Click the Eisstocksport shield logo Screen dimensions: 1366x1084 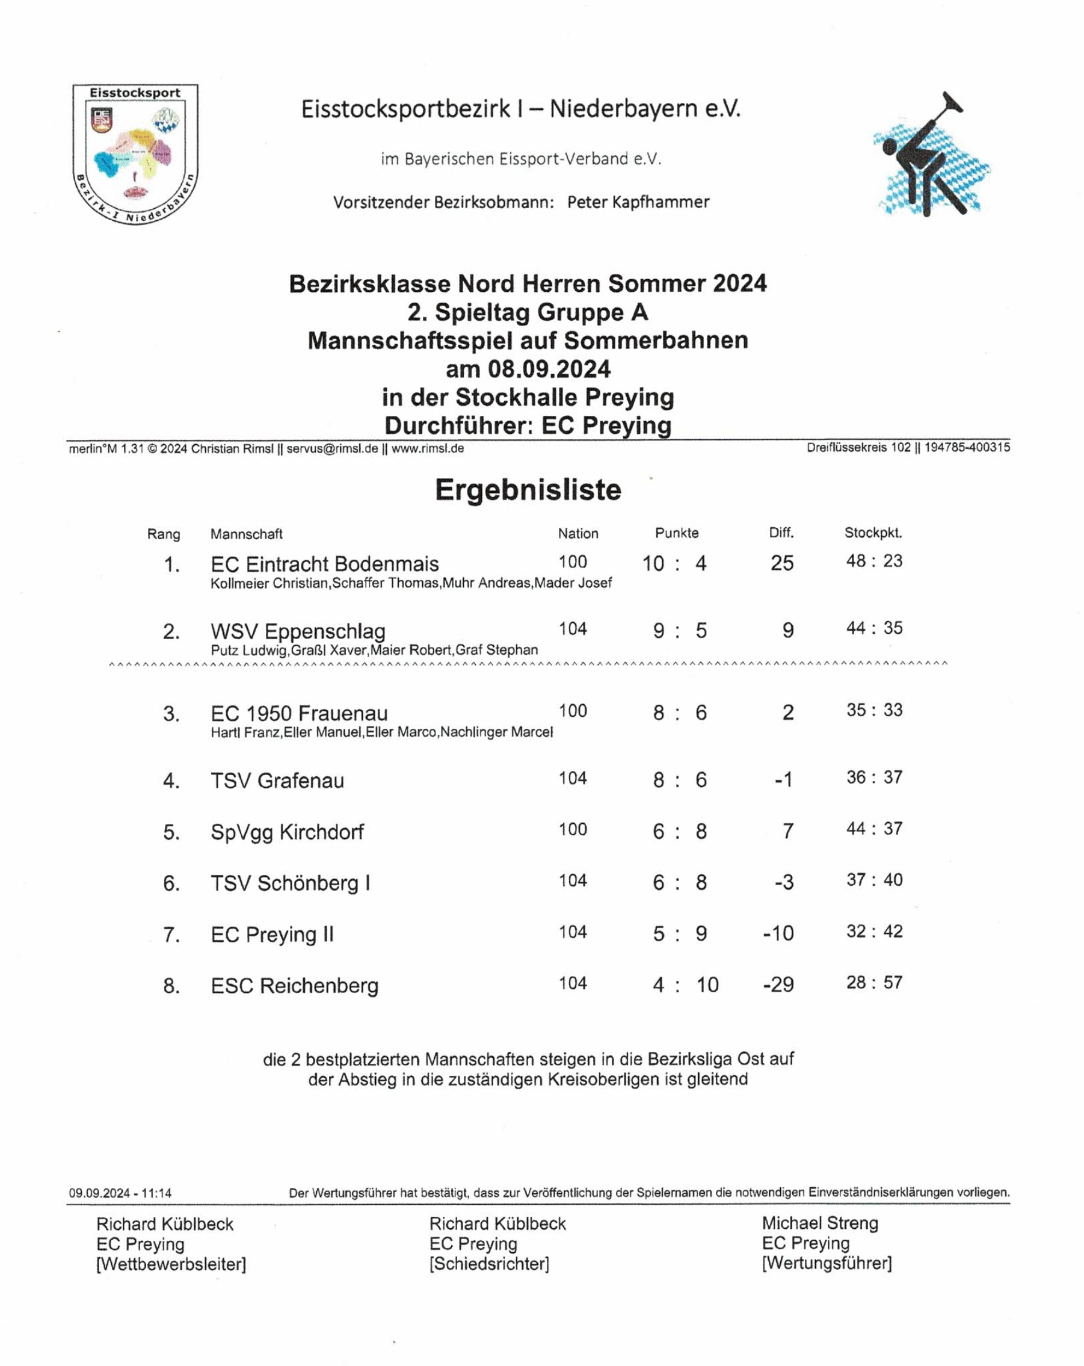(x=135, y=154)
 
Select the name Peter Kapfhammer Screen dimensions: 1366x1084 (x=638, y=202)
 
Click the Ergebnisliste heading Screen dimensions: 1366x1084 (x=528, y=490)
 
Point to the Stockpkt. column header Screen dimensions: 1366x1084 (x=872, y=533)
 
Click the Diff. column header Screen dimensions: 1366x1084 (x=781, y=533)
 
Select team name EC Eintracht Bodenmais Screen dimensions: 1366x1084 (x=324, y=564)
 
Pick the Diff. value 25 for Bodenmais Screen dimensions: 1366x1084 (x=781, y=563)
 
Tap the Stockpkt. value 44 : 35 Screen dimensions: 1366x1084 (x=874, y=628)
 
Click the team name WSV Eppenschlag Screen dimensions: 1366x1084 (x=298, y=631)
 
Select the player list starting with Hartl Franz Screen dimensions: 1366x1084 (x=381, y=732)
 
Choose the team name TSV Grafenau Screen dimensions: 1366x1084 (x=277, y=780)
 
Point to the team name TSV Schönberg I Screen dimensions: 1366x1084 (x=290, y=883)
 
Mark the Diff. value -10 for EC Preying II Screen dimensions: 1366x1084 (x=778, y=933)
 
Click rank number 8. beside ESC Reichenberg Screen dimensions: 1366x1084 (x=171, y=985)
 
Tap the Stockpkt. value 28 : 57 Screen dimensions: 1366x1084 (x=874, y=983)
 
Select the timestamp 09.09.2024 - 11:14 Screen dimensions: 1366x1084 (x=120, y=1193)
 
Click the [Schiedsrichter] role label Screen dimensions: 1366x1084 (x=489, y=1263)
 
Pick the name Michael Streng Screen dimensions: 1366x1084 (x=819, y=1223)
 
